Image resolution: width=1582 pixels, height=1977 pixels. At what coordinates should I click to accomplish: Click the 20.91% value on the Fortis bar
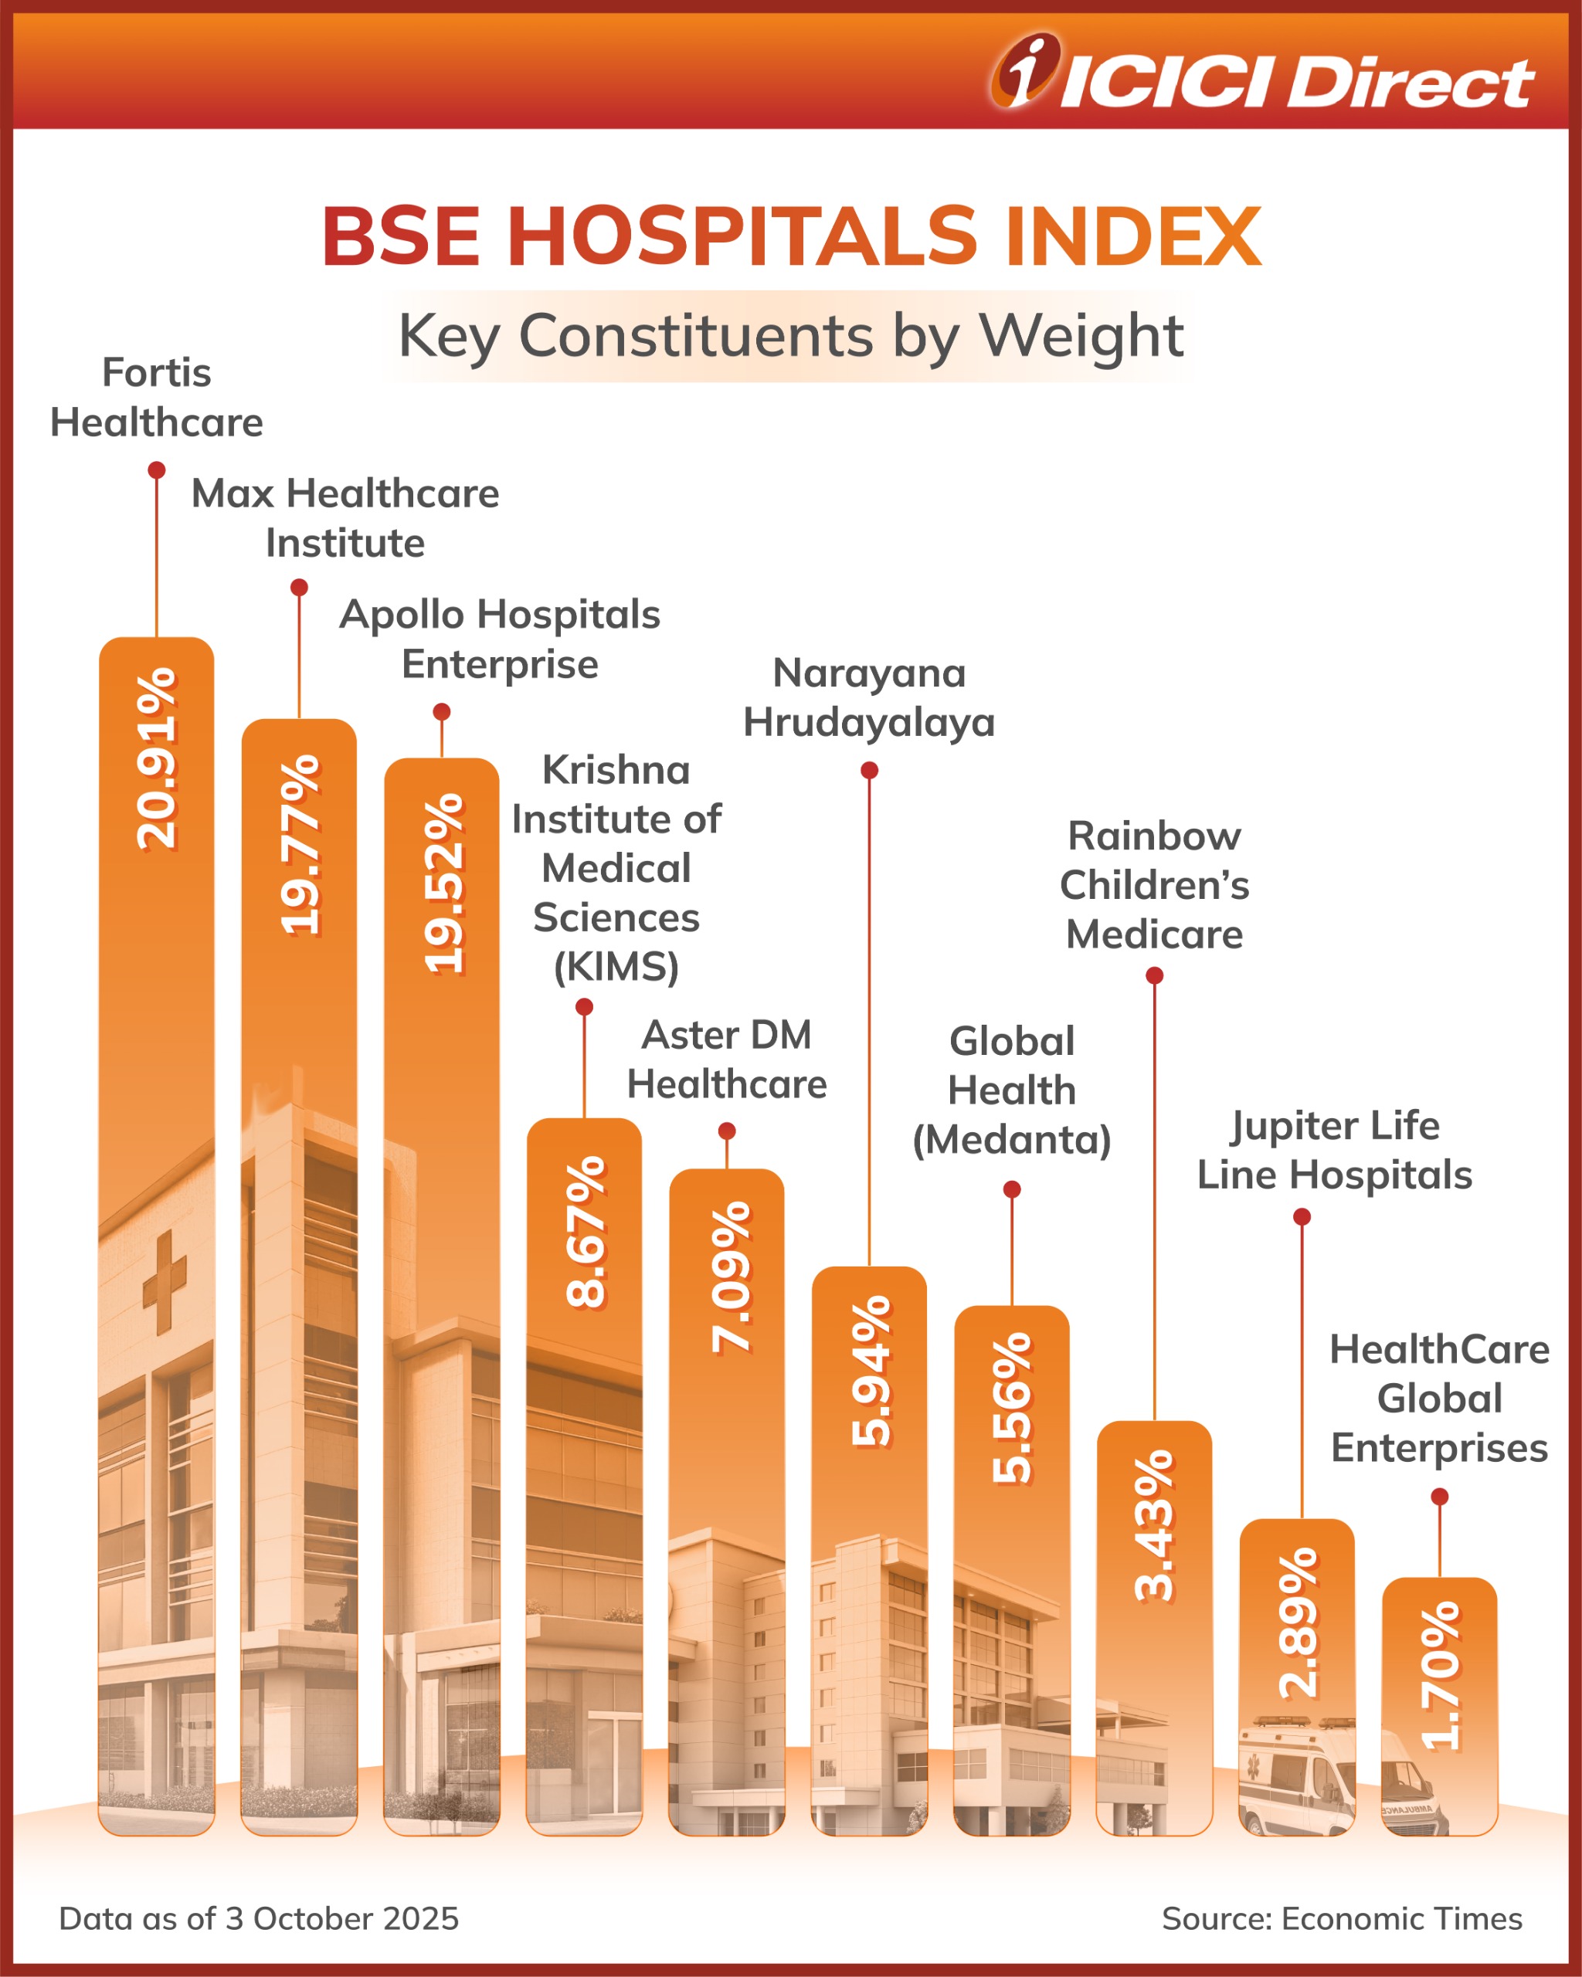coord(156,758)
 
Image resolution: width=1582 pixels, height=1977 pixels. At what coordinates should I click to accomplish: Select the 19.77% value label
coord(300,845)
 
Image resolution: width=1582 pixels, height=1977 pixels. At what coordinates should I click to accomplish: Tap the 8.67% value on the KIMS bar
coord(585,1232)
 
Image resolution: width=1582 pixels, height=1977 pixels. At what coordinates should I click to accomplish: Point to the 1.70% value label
coord(1440,1675)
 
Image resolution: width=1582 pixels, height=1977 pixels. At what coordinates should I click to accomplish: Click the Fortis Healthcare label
coord(156,397)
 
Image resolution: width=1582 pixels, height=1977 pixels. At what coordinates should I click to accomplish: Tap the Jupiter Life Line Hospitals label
coord(1333,1150)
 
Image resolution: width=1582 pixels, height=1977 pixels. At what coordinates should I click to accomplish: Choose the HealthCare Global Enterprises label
coord(1439,1399)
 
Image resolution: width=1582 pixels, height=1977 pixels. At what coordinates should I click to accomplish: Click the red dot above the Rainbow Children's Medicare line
coord(1155,975)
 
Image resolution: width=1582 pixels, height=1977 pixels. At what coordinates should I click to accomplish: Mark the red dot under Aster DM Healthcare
coord(726,1131)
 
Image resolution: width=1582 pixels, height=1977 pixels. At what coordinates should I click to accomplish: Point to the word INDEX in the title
coord(1132,236)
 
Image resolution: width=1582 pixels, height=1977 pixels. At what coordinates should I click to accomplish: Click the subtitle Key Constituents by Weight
coord(789,336)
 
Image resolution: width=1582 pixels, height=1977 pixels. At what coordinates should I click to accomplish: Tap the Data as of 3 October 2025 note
coord(259,1918)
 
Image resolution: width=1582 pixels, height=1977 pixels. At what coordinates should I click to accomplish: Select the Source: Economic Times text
coord(1341,1918)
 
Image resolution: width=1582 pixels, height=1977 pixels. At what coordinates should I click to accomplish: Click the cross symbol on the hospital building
coord(165,1282)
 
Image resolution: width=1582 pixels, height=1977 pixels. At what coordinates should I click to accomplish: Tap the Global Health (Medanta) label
coord(1012,1090)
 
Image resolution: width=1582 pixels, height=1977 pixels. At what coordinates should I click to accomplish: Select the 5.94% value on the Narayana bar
coord(871,1371)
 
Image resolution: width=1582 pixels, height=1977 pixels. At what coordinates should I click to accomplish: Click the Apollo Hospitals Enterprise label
coord(500,639)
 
